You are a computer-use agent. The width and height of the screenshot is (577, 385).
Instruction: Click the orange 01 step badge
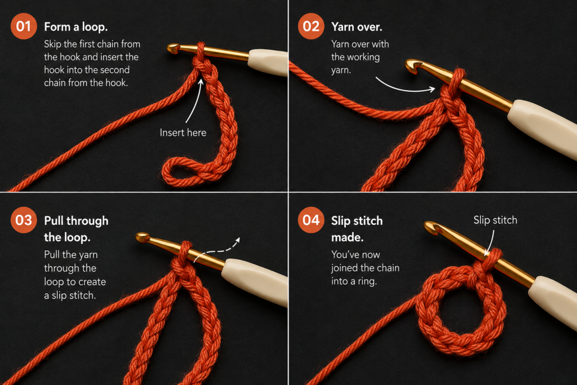coord(24,26)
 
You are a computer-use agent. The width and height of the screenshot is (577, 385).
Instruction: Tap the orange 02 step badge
coord(311,26)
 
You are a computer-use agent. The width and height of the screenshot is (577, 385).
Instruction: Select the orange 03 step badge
coord(24,220)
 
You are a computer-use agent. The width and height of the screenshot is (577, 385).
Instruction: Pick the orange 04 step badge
coord(311,220)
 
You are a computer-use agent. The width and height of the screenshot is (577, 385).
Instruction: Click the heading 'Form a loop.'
coord(76,27)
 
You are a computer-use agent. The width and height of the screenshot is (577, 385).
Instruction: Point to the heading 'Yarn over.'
coord(357,27)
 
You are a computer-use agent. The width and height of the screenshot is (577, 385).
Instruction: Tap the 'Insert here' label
coord(183,132)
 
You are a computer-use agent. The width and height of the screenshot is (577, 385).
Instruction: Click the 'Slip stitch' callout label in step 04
coord(495,220)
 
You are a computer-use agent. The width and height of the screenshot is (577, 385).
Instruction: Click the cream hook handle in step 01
coord(268,63)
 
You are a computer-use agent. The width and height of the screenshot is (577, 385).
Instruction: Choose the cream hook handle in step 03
coord(255,281)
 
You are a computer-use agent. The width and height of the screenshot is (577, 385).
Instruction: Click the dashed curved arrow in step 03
coord(217,250)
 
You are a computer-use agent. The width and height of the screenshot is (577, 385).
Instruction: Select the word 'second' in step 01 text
coord(115,70)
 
